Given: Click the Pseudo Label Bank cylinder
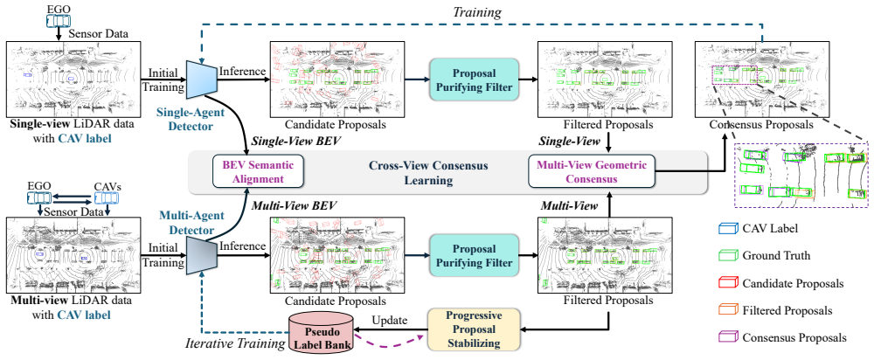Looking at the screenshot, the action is point(321,332).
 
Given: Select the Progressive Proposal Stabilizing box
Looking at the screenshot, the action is point(473,329).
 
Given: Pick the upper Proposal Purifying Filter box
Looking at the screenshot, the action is point(475,80).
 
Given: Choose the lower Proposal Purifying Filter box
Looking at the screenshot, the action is point(475,254).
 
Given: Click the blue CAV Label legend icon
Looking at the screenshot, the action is point(726,228).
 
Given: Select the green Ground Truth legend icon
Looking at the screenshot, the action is point(726,255).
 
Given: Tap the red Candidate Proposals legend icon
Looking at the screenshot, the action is point(726,282).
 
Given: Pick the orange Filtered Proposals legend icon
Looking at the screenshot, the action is point(726,310).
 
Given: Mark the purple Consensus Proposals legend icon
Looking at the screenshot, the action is point(726,337).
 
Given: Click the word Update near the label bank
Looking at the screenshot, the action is point(390,322).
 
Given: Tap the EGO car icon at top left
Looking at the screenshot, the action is point(55,20).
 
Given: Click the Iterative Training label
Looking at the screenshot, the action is point(234,343).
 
